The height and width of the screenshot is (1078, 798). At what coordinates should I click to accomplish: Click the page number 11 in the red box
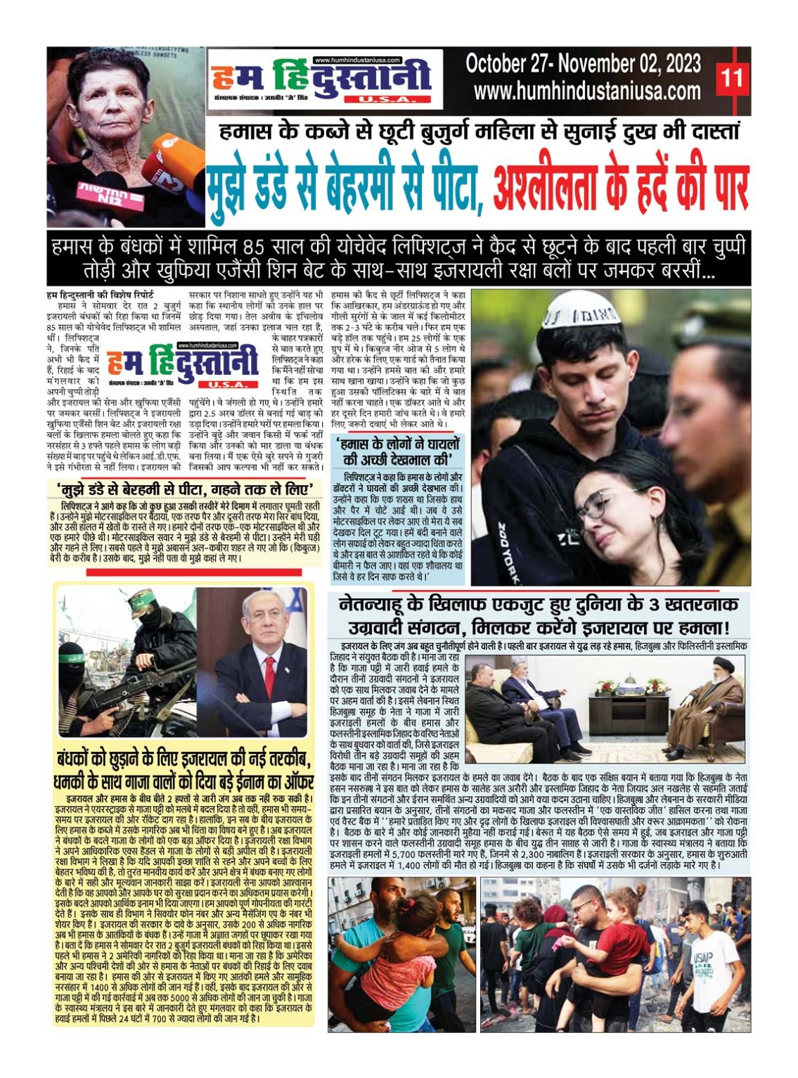[731, 77]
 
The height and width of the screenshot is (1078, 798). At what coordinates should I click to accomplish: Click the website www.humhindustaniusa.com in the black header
[587, 91]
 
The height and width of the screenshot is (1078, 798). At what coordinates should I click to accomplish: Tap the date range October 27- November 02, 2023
[583, 64]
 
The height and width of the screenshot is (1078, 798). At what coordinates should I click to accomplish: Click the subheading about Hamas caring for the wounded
[398, 451]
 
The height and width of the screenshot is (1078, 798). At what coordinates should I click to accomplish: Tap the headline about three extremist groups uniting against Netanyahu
[539, 615]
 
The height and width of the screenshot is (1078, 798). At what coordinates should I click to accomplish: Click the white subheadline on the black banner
[398, 258]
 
